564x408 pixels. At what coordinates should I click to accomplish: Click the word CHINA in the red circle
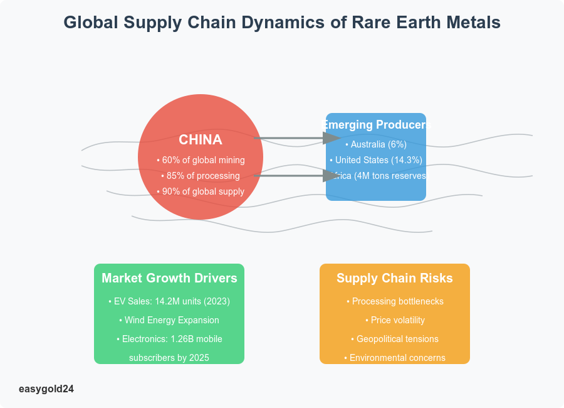pyautogui.click(x=201, y=139)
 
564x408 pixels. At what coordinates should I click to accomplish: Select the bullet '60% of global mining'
pyautogui.click(x=201, y=160)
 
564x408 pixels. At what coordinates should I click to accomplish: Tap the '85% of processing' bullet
pyautogui.click(x=201, y=176)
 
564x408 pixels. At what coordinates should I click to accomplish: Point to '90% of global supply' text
pyautogui.click(x=201, y=191)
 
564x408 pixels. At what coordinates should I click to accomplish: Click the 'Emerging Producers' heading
pyautogui.click(x=376, y=125)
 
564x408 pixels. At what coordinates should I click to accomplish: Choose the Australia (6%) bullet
pyautogui.click(x=376, y=144)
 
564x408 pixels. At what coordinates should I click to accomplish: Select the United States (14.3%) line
pyautogui.click(x=376, y=160)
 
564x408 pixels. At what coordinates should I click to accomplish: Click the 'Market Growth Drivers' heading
pyautogui.click(x=169, y=278)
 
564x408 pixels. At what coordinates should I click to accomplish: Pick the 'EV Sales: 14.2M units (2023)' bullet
pyautogui.click(x=169, y=301)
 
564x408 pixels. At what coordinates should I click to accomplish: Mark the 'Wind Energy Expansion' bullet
pyautogui.click(x=169, y=320)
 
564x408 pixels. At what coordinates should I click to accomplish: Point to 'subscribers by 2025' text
pyautogui.click(x=169, y=358)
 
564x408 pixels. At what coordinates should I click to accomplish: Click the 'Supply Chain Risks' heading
pyautogui.click(x=395, y=278)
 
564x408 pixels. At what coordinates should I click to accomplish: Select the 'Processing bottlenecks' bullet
pyautogui.click(x=395, y=301)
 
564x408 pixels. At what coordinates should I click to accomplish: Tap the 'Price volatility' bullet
pyautogui.click(x=395, y=320)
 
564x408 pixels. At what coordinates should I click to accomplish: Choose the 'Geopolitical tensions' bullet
pyautogui.click(x=395, y=339)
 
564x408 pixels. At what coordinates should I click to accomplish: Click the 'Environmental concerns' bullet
pyautogui.click(x=395, y=358)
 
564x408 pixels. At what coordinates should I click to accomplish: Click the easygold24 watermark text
pyautogui.click(x=46, y=389)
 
